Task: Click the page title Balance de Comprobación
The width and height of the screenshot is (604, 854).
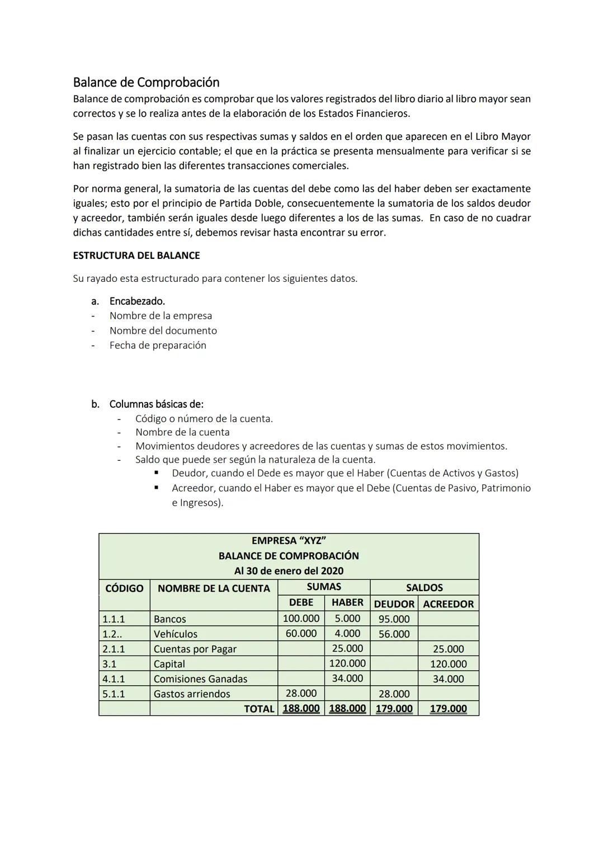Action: (146, 82)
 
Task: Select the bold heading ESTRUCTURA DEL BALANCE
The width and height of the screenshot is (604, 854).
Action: (136, 256)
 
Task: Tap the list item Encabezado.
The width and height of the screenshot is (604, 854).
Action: (137, 301)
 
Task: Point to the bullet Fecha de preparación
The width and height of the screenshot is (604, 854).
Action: (158, 345)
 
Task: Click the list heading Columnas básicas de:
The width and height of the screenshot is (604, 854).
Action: (156, 404)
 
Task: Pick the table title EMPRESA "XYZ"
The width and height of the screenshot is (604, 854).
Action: (289, 541)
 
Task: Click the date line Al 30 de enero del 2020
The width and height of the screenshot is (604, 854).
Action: (289, 571)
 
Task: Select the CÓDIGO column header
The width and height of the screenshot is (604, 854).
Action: (124, 588)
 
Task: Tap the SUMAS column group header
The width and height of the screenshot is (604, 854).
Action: (324, 587)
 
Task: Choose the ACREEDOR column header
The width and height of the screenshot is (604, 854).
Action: (448, 604)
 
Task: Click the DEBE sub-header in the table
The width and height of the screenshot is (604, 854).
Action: (301, 603)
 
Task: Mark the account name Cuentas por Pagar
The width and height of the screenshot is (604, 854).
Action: (195, 649)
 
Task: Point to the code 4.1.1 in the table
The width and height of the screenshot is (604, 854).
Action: (114, 679)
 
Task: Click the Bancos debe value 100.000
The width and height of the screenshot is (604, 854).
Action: (301, 619)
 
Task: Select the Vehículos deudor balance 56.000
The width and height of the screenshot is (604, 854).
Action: (394, 634)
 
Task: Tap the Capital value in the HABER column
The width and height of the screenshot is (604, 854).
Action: (347, 663)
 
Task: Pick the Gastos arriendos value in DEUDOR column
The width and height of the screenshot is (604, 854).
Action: (394, 693)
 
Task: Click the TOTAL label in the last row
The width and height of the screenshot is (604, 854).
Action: (259, 709)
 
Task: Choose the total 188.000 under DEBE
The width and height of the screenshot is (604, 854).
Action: (301, 709)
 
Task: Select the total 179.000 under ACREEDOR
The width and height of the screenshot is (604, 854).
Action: (448, 709)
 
